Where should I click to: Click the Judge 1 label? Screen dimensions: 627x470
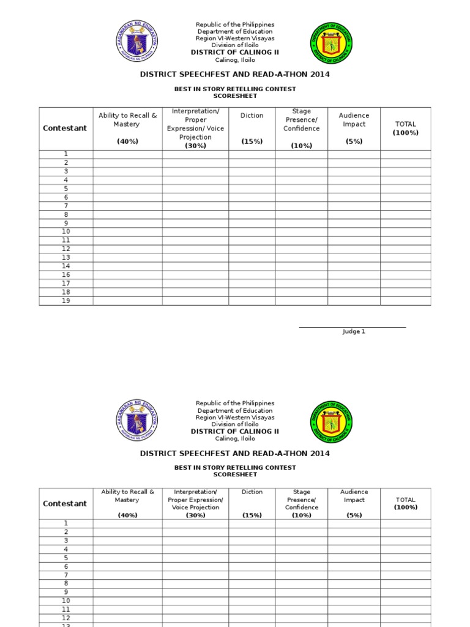[x=353, y=331]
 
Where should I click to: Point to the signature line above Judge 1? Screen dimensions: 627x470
[x=352, y=327]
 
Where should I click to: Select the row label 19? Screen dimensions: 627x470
[x=65, y=301]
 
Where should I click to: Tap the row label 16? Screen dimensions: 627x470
[x=65, y=275]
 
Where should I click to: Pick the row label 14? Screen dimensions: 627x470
[x=65, y=266]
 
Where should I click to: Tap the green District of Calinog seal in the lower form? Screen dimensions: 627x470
[x=332, y=423]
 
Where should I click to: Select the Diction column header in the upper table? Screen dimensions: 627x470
[x=252, y=115]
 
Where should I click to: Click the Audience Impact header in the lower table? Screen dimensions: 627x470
[x=354, y=495]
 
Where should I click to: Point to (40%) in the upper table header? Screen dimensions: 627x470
[x=127, y=141]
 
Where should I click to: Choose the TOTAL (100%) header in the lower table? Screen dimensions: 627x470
[x=405, y=503]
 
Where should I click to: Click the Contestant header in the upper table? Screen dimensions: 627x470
[x=65, y=128]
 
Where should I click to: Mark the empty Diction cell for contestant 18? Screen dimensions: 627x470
[x=252, y=292]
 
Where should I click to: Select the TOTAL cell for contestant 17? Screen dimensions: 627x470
[x=405, y=283]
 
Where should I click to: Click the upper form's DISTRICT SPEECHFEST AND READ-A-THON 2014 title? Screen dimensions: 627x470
[x=235, y=75]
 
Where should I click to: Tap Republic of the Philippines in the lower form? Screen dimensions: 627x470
[x=235, y=404]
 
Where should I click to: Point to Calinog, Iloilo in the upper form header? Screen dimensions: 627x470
[x=235, y=60]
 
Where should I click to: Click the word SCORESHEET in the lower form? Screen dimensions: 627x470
[x=235, y=475]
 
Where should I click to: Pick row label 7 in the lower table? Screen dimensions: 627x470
[x=65, y=575]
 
